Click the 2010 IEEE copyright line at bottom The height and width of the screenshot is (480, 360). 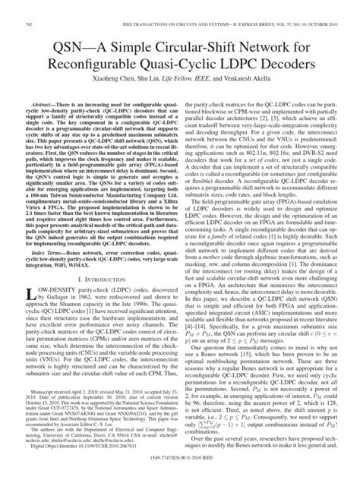179,472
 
